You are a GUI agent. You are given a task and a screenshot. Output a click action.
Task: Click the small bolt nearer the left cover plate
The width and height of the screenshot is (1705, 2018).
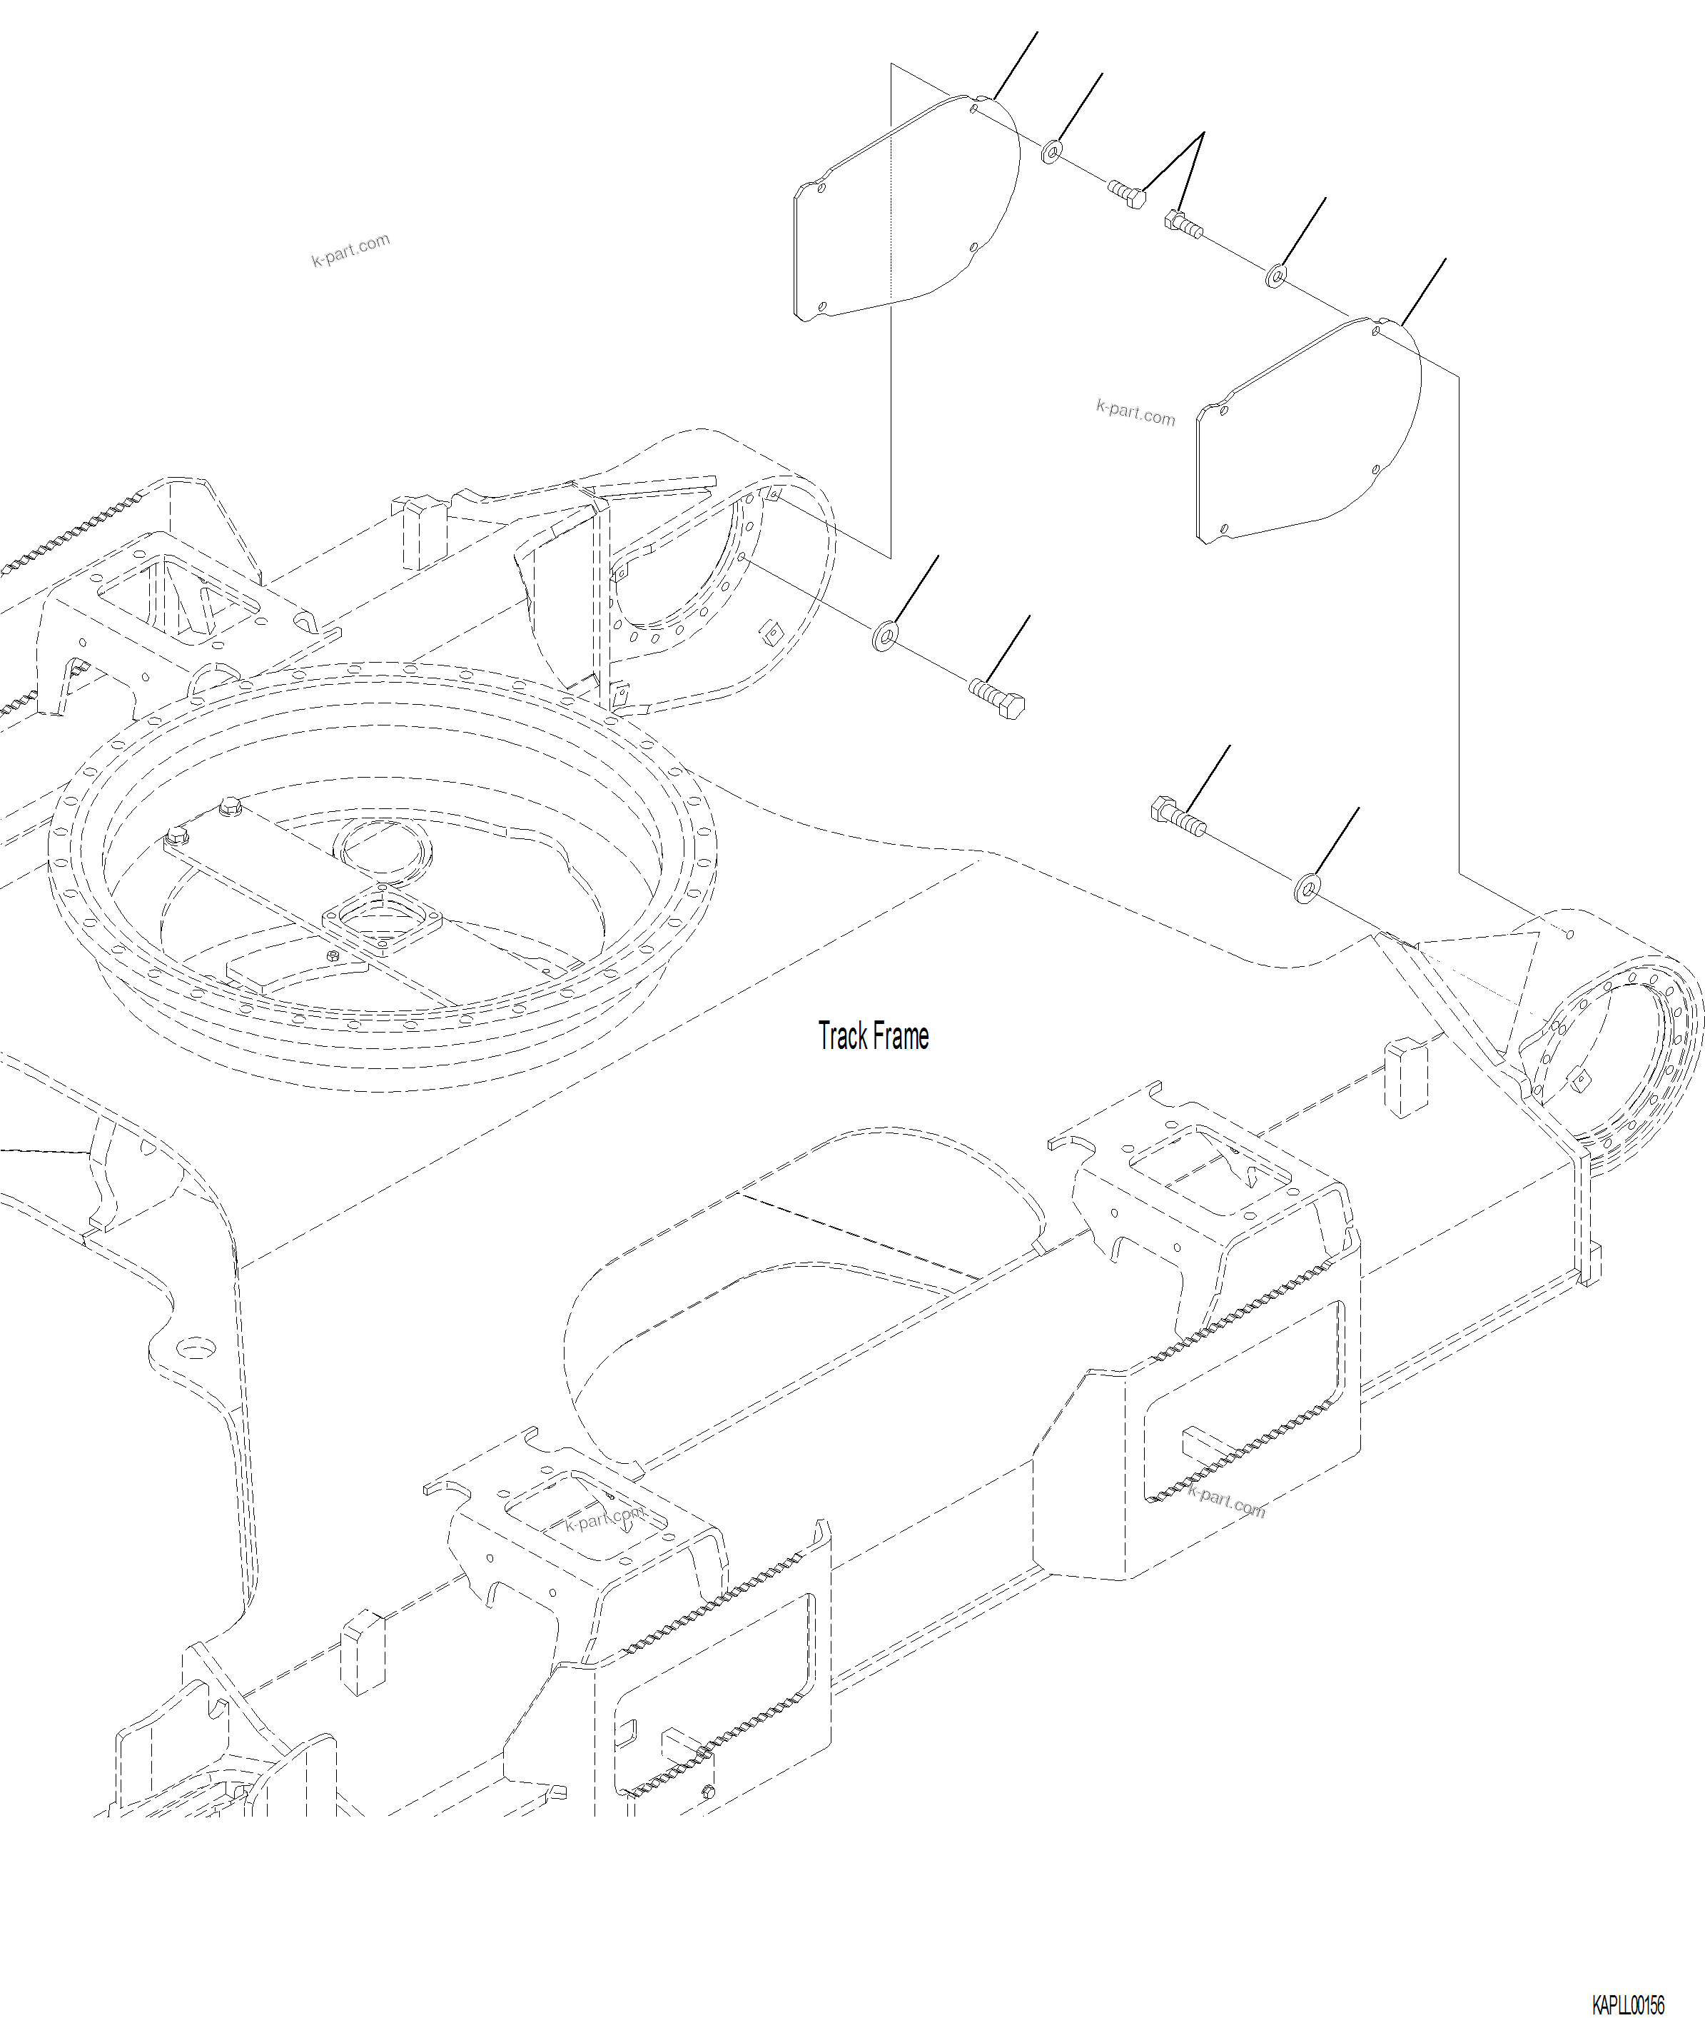(x=1127, y=194)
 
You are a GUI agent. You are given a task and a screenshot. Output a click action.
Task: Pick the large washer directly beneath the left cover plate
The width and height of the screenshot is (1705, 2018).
(x=884, y=636)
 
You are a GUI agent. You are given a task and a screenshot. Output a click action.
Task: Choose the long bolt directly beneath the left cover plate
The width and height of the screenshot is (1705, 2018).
(x=998, y=698)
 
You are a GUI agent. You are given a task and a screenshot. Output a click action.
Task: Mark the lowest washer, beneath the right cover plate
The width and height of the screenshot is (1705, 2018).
(x=1307, y=887)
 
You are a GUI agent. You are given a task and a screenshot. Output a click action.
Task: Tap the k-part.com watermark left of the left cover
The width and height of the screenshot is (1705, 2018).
(x=350, y=249)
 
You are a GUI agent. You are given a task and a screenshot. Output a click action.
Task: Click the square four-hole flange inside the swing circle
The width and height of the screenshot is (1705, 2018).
(x=382, y=923)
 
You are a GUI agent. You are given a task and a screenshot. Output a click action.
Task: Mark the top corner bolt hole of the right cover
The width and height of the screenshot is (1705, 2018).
(x=1375, y=331)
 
